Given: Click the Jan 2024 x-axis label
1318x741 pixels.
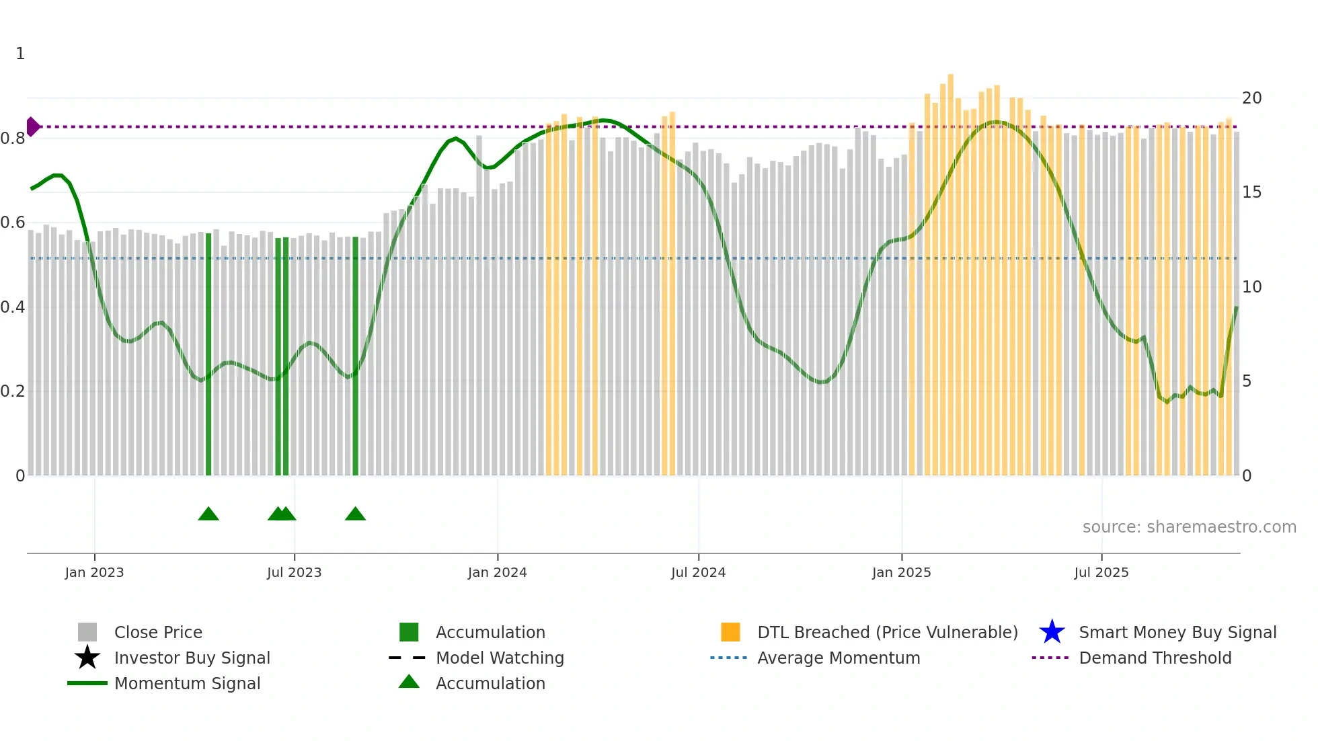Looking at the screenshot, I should click(x=497, y=572).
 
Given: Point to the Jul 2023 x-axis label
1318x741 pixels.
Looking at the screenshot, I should click(x=294, y=572).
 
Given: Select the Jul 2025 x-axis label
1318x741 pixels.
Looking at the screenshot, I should click(x=1101, y=572).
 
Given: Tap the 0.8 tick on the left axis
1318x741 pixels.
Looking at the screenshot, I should click(x=13, y=139).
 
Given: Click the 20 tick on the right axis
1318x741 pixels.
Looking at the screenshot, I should click(x=1251, y=98).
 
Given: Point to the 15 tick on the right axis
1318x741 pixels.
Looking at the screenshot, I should click(x=1251, y=192).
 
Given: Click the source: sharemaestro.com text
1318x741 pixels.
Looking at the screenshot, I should click(x=1189, y=527).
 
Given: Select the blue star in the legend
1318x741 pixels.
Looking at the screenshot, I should click(x=1052, y=632).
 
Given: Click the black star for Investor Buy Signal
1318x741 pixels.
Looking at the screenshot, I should click(x=87, y=658).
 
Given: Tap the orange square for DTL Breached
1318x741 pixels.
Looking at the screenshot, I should click(x=730, y=632).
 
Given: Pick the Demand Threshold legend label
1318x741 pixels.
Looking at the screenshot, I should click(x=1155, y=658).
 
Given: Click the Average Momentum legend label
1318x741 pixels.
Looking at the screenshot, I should click(x=838, y=658).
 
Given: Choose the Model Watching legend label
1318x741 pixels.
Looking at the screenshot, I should click(x=500, y=658).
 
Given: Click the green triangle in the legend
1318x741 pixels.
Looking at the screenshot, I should click(x=409, y=682).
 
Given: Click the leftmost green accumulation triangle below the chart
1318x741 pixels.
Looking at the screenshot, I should click(x=208, y=514).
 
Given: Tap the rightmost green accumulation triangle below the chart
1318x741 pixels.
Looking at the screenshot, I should click(x=355, y=514).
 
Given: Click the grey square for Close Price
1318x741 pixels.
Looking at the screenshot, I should click(x=87, y=632).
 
